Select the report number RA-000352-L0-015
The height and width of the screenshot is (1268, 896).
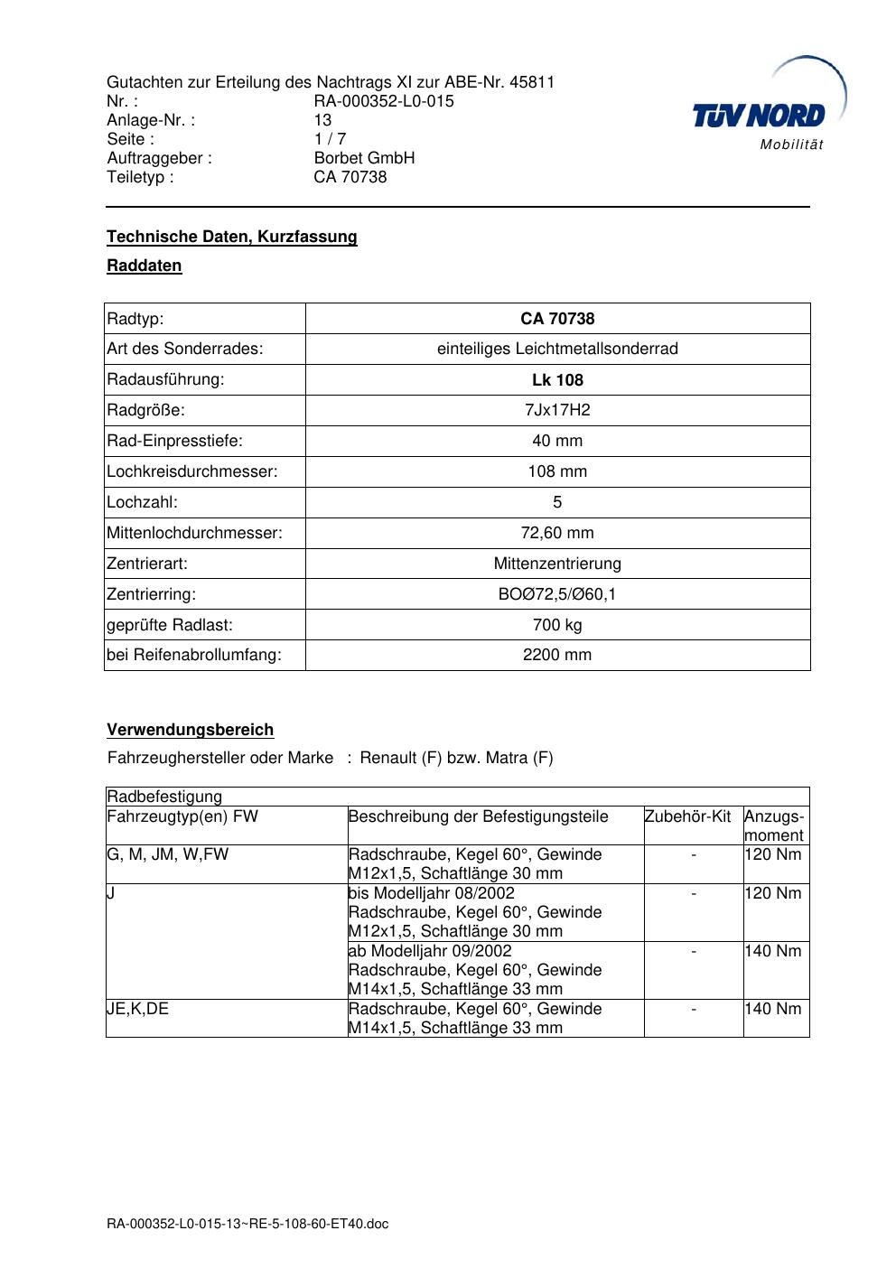[x=384, y=101]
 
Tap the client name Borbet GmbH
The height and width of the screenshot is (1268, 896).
[x=364, y=158]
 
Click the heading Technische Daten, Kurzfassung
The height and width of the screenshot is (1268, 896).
[x=232, y=237]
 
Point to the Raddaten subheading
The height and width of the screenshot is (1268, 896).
[x=145, y=266]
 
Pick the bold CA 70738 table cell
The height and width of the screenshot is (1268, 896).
[x=557, y=319]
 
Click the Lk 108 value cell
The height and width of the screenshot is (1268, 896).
[x=557, y=380]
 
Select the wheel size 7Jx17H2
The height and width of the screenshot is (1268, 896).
[x=557, y=410]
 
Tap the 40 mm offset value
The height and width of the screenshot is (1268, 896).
[x=557, y=441]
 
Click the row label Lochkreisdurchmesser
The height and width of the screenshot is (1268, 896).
[x=192, y=471]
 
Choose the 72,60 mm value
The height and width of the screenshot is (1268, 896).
[x=557, y=533]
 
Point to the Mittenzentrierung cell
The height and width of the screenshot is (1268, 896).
[x=557, y=564]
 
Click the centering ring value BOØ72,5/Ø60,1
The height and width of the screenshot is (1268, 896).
[x=557, y=594]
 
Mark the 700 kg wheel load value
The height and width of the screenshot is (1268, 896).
[x=557, y=625]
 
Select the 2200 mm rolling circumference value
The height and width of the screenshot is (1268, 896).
[x=557, y=655]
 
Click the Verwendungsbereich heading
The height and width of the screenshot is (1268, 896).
[x=191, y=730]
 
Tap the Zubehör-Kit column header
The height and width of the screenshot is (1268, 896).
[x=687, y=816]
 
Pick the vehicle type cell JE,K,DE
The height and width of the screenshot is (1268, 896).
[x=138, y=1009]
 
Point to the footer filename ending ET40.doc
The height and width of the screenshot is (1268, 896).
[x=247, y=1225]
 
